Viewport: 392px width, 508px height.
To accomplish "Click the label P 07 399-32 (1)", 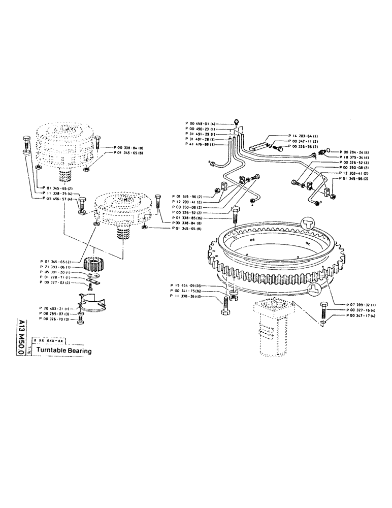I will (x=353, y=304).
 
